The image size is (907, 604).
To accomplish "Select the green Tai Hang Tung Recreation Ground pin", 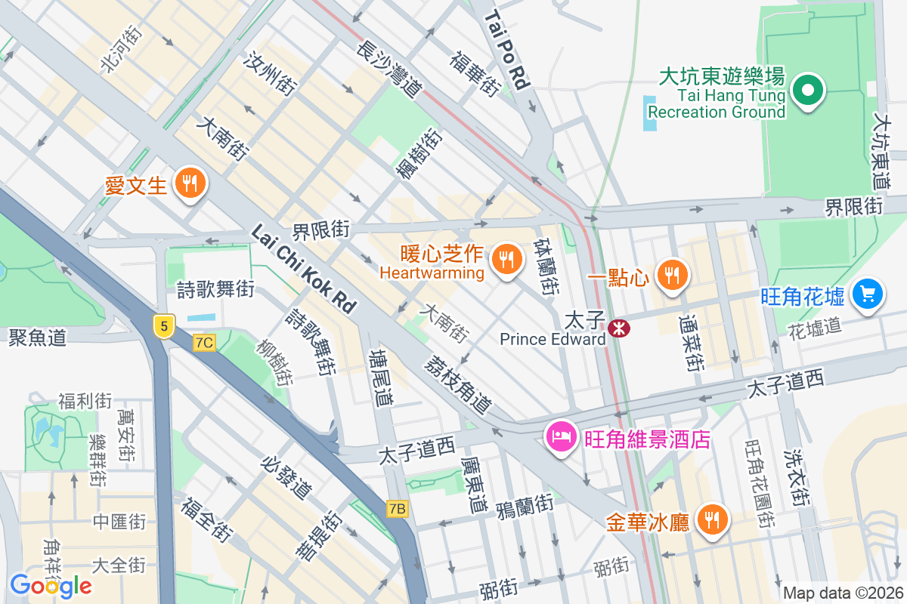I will [807, 92].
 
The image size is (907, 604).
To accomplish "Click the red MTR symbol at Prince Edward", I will [619, 328].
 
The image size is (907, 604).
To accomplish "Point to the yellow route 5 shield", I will [163, 325].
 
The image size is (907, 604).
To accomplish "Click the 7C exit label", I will [204, 343].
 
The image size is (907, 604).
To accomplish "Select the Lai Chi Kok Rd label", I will [303, 268].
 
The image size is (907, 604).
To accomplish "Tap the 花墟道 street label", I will [814, 328].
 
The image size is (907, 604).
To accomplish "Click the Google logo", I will [51, 585].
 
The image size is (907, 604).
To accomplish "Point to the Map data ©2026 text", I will [842, 593].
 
